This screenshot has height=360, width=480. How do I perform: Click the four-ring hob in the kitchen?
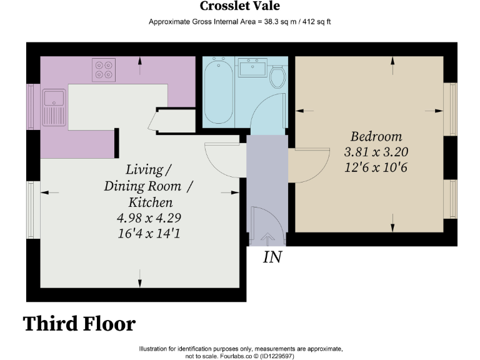click(104, 70)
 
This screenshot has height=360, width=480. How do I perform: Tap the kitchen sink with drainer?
click(54, 107)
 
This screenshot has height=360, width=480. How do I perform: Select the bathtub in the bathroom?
click(219, 91)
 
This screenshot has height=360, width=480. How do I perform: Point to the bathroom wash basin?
click(252, 67)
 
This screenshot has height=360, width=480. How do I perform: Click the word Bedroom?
click(376, 137)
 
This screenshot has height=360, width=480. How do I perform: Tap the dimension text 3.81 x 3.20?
click(376, 152)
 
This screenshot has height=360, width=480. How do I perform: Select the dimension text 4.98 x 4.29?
click(149, 218)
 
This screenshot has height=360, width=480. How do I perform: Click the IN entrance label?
click(272, 257)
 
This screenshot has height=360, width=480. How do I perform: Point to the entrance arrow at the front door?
click(267, 239)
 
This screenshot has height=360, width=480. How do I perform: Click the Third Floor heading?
click(79, 324)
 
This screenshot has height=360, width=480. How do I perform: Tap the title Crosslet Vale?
click(240, 6)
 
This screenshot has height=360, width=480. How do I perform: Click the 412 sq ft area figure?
click(316, 22)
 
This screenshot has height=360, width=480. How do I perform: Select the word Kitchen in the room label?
click(150, 202)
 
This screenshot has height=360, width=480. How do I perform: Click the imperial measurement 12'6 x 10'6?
click(376, 167)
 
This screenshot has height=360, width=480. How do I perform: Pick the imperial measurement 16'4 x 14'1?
click(149, 234)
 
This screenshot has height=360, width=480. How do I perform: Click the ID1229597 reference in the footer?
click(277, 356)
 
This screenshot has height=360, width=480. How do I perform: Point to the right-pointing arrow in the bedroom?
click(434, 111)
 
